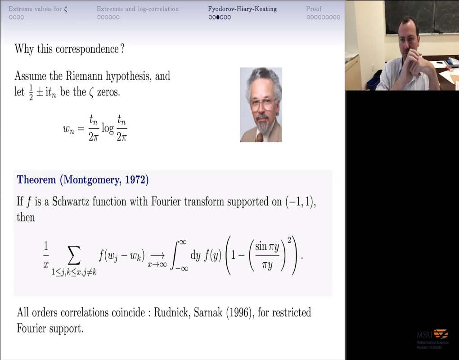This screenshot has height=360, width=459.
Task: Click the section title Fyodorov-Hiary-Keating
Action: point(242,9)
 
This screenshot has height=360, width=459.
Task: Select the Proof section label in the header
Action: point(314,9)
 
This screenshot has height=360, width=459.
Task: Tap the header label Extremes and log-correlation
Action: point(138,9)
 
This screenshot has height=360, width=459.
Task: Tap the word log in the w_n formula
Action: point(108,129)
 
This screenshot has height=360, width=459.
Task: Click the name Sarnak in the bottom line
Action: point(211,312)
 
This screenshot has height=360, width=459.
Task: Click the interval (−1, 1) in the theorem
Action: point(301,202)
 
